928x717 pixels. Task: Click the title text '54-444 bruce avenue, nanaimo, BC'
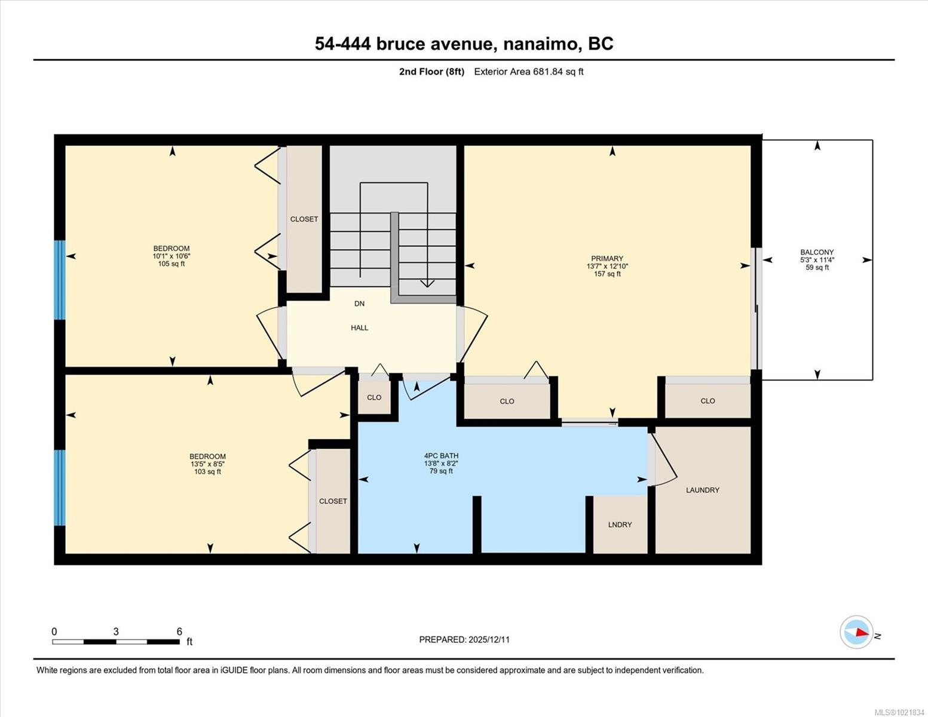pos(464,44)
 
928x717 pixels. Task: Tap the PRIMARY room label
pos(607,259)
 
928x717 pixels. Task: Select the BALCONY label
pos(817,252)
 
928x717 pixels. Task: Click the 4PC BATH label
pos(441,456)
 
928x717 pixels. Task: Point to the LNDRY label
pos(620,525)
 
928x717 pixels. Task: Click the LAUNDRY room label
pos(702,490)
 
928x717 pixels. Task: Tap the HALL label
pos(359,327)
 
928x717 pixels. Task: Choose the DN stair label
pos(359,304)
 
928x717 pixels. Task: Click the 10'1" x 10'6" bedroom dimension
pos(171,256)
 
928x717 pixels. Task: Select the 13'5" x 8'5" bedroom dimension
pos(207,464)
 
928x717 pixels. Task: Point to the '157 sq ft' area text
pos(607,274)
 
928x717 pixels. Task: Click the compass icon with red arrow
pos(857,632)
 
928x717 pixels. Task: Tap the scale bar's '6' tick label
pos(179,632)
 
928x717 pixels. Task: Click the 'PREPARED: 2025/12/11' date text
pos(464,639)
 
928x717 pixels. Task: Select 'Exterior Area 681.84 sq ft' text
pos(528,72)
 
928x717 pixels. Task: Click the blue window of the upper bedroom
pos(59,280)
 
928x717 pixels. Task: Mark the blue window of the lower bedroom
pos(59,488)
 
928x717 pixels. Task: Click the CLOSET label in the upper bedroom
pos(304,219)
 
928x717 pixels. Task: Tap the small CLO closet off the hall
pos(374,397)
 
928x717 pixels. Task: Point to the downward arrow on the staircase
pos(427,283)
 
